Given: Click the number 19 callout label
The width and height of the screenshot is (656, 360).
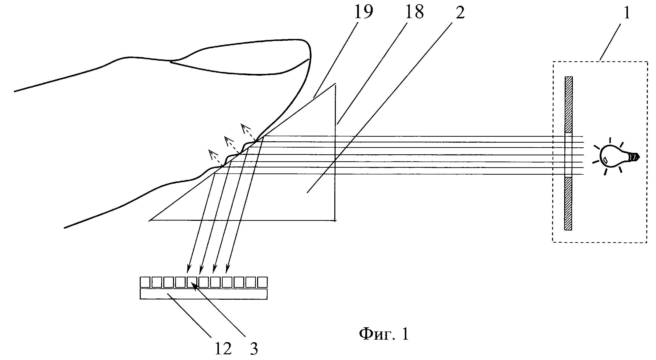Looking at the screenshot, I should [x=363, y=12].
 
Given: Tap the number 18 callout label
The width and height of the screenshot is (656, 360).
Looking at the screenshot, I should [x=414, y=12].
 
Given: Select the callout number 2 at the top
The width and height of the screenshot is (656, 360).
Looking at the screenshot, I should [x=460, y=12].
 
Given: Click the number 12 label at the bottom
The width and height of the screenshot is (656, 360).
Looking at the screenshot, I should [x=223, y=348].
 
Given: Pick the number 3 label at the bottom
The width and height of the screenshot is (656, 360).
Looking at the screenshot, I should [x=254, y=349].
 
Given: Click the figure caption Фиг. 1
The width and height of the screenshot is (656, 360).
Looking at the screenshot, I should [x=384, y=334].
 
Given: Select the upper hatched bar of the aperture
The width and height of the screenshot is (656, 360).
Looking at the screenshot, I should [x=568, y=105].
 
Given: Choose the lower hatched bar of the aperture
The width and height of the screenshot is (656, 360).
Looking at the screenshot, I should [x=568, y=204].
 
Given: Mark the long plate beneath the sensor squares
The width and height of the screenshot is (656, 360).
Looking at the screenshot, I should [x=204, y=294].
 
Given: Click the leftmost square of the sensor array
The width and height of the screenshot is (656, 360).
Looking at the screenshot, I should [x=145, y=282].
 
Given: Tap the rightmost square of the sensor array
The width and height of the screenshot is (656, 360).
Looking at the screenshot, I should [x=262, y=282].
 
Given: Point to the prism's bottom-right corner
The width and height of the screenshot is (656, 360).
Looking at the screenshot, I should [x=335, y=220].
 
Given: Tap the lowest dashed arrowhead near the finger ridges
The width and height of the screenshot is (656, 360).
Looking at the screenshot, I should [x=212, y=153].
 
